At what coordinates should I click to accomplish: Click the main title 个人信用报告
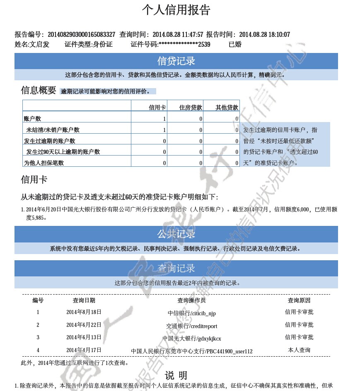[176, 10]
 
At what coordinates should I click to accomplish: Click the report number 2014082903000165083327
[81, 34]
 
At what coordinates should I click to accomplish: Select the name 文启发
[39, 44]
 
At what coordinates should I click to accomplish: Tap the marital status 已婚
[235, 44]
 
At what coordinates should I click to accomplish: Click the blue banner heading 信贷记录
[176, 61]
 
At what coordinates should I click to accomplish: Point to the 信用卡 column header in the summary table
[157, 108]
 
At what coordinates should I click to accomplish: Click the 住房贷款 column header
[191, 108]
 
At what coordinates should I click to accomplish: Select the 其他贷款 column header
[227, 108]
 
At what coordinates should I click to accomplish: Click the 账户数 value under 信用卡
[164, 119]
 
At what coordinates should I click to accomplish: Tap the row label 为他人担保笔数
[44, 163]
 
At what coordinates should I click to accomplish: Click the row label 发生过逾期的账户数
[49, 141]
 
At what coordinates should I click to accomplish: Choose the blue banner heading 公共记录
[176, 234]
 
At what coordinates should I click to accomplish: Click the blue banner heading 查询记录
[176, 269]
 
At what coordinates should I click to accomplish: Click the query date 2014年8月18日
[84, 312]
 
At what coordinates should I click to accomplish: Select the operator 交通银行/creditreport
[191, 326]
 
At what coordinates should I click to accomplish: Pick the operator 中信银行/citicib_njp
[191, 313]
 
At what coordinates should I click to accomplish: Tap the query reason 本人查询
[299, 350]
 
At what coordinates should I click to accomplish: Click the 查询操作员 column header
[191, 300]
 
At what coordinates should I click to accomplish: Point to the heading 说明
[176, 375]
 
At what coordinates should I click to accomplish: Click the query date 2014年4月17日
[84, 350]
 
